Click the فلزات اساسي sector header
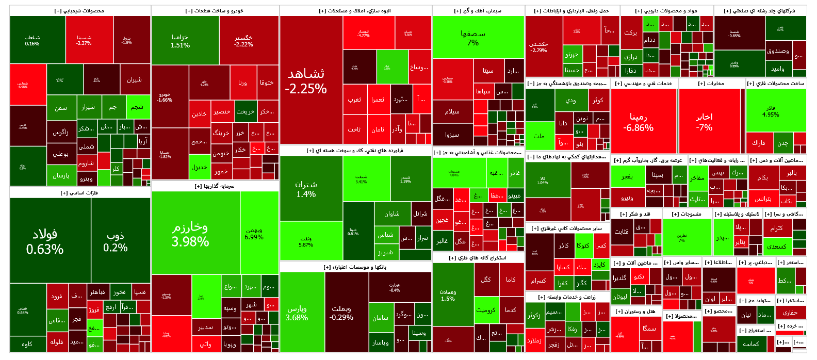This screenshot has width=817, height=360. point(79,193)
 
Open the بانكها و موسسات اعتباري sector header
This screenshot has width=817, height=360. point(355,267)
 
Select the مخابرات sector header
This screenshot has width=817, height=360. point(711,84)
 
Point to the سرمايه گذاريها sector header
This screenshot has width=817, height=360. point(215,186)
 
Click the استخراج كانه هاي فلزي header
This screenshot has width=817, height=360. point(478,257)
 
